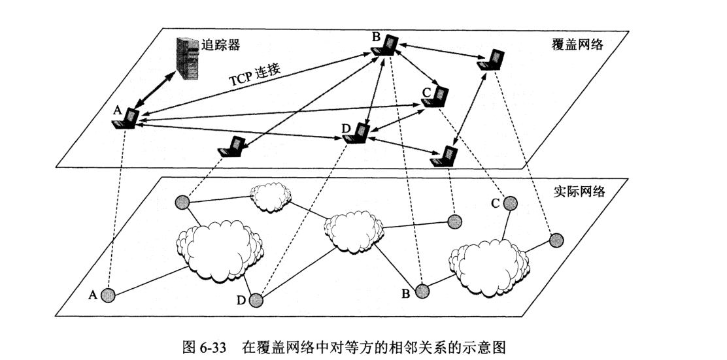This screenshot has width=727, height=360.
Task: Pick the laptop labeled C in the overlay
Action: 437,97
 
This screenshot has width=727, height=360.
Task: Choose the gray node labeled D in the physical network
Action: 256,300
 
